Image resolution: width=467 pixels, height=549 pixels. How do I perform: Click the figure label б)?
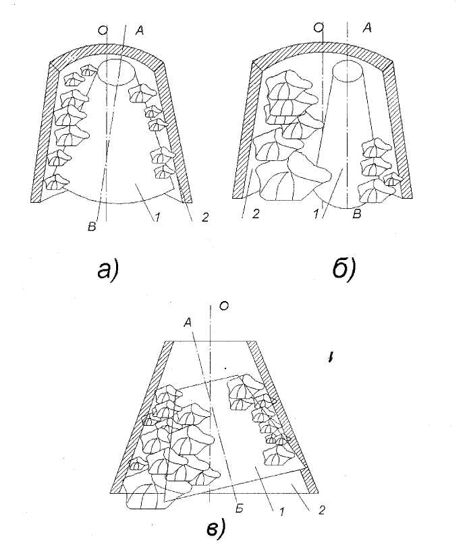click(344, 268)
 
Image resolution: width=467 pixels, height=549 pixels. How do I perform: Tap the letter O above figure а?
click(102, 31)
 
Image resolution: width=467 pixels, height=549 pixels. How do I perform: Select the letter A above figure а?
click(139, 31)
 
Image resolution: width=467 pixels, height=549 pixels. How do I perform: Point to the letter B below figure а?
click(92, 227)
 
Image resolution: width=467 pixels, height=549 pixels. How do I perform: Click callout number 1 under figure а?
click(157, 218)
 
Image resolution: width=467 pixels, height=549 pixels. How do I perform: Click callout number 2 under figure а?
click(204, 218)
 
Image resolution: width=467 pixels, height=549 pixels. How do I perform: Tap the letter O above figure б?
click(319, 28)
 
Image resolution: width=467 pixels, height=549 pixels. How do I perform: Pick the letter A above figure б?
click(367, 28)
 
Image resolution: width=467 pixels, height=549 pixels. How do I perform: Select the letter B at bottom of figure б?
click(357, 214)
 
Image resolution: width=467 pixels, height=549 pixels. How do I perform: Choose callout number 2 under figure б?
click(256, 214)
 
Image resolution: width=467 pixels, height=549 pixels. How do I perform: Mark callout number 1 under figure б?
click(316, 214)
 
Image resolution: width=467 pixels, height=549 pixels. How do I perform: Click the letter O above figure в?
click(224, 306)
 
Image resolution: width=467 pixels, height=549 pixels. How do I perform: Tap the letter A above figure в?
click(188, 323)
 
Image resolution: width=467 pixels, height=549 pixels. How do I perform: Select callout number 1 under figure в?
click(281, 512)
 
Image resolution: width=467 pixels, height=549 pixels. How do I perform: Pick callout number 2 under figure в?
click(321, 510)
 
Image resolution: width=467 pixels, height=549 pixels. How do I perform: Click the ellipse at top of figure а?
click(116, 59)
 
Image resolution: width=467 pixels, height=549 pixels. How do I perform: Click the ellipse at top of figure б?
click(348, 60)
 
